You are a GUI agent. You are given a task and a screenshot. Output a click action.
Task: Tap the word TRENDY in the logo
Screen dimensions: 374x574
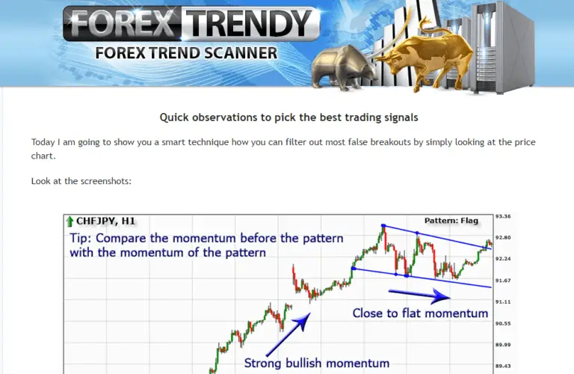tap(251, 24)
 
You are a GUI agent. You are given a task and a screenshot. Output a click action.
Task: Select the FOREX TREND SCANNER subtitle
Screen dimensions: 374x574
tap(186, 53)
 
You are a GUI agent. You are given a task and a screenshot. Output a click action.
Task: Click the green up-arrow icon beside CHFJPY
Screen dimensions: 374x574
tap(70, 221)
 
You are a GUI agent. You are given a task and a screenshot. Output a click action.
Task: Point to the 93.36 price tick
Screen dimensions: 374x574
tap(502, 217)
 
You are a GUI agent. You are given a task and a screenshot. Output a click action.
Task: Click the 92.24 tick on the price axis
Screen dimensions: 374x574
tap(502, 259)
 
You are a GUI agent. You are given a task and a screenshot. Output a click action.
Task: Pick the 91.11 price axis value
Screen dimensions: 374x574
tap(502, 301)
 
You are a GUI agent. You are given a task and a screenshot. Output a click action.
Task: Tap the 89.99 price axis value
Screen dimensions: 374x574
tap(502, 345)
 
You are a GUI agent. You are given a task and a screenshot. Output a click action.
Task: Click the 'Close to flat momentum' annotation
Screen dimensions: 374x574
tap(420, 313)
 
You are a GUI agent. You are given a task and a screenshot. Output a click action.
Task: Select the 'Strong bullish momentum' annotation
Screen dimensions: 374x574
tap(317, 364)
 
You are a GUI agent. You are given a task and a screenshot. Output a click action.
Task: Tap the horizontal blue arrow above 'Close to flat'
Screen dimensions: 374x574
tap(410, 292)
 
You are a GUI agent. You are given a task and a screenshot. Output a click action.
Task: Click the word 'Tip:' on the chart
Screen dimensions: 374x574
tap(81, 239)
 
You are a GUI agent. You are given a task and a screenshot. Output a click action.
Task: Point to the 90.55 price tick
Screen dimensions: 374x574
tap(502, 323)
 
